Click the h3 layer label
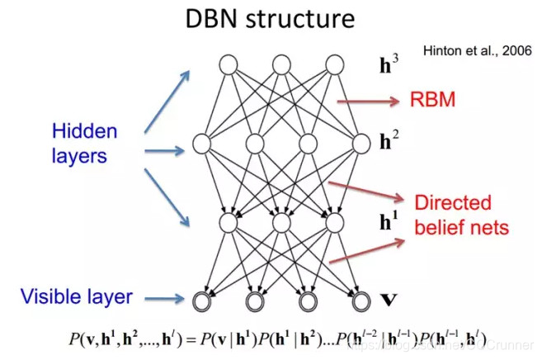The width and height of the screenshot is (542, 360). pos(387,65)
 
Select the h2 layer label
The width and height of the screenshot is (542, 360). pos(385,142)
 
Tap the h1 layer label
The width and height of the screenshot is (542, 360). pos(386,222)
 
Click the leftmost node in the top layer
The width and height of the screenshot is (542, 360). pos(229,64)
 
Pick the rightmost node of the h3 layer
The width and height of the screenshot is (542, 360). pos(333,64)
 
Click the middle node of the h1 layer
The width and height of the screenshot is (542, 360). pos(281,223)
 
